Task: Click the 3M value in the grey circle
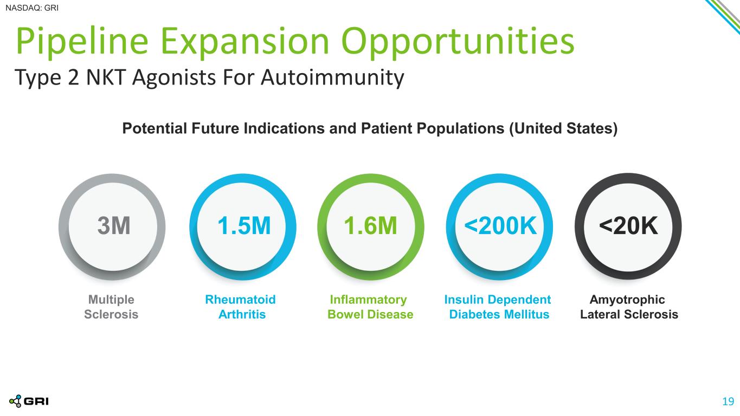[x=114, y=226]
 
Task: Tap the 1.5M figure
[x=244, y=226]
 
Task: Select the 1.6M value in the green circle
[x=370, y=226]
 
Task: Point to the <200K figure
[x=500, y=226]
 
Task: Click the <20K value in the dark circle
[x=628, y=226]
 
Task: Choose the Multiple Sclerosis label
[x=111, y=307]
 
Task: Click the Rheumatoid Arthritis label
[x=241, y=307]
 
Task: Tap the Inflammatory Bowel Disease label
[x=370, y=307]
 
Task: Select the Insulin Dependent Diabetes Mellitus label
[x=498, y=307]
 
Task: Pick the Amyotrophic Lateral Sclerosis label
[x=629, y=307]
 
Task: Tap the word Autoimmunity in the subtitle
[x=332, y=78]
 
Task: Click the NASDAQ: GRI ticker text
[x=32, y=8]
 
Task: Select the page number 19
[x=728, y=401]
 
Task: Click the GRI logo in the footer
[x=29, y=401]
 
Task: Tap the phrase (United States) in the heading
[x=563, y=128]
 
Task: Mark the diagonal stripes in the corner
[x=724, y=16]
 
